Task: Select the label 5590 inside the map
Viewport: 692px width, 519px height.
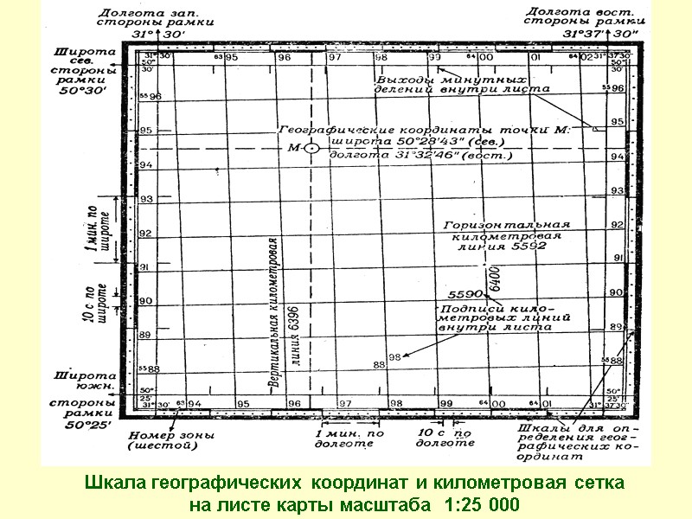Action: (x=465, y=294)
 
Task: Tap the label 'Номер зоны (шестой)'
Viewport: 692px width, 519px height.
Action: (x=162, y=440)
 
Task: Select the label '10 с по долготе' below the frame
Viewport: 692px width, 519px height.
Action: (x=445, y=437)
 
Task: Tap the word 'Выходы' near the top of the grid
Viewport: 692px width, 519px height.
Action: (x=399, y=80)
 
